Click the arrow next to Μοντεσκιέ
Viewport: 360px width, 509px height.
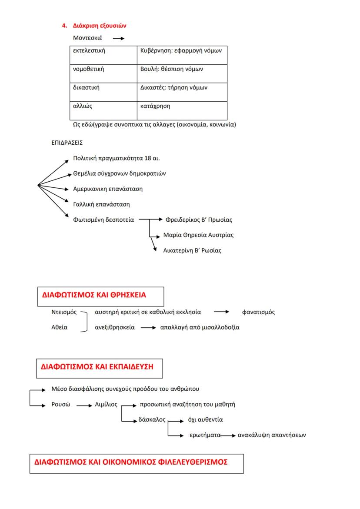click(119, 38)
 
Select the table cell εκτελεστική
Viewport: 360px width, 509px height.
click(89, 51)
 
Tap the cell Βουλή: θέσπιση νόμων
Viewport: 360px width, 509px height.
click(172, 69)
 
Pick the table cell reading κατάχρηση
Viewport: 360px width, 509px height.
click(155, 106)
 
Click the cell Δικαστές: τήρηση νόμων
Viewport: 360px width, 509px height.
click(174, 87)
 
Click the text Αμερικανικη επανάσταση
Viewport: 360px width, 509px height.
click(107, 189)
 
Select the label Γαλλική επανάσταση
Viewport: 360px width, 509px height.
click(101, 204)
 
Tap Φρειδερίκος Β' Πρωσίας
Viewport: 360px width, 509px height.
click(199, 220)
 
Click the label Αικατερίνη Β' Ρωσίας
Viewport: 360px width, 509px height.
click(192, 250)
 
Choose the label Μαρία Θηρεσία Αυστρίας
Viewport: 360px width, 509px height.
click(198, 235)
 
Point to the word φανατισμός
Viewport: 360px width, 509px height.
click(258, 312)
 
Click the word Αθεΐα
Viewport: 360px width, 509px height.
click(59, 327)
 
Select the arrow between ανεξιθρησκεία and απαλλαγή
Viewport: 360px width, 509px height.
click(148, 328)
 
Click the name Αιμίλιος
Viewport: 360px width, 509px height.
click(106, 404)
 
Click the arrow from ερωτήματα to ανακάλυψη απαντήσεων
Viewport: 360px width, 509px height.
click(229, 435)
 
